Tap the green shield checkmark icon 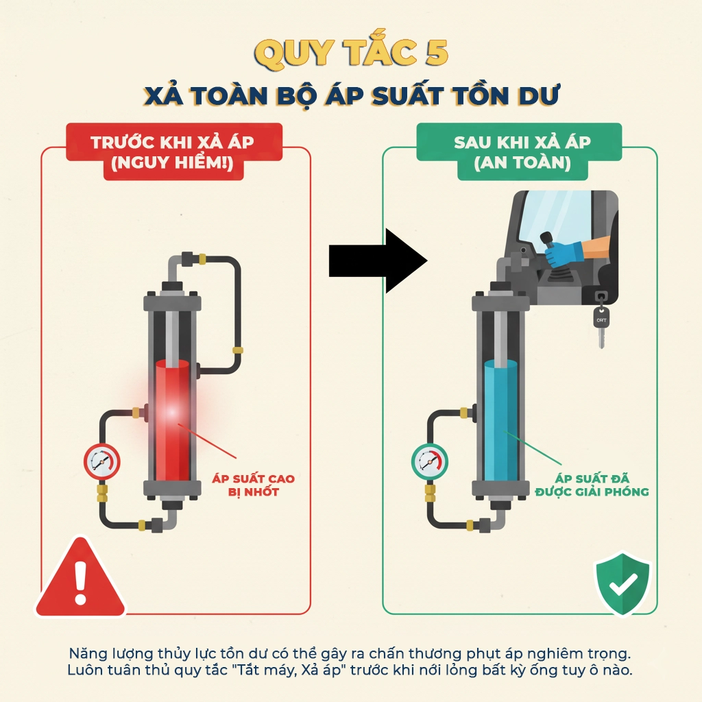pos(622,583)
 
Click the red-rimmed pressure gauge pos(101,461)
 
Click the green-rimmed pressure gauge pos(429,461)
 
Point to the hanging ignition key pos(601,322)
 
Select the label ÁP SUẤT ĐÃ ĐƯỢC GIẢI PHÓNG pos(592,485)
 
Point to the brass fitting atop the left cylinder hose pos(203,259)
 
